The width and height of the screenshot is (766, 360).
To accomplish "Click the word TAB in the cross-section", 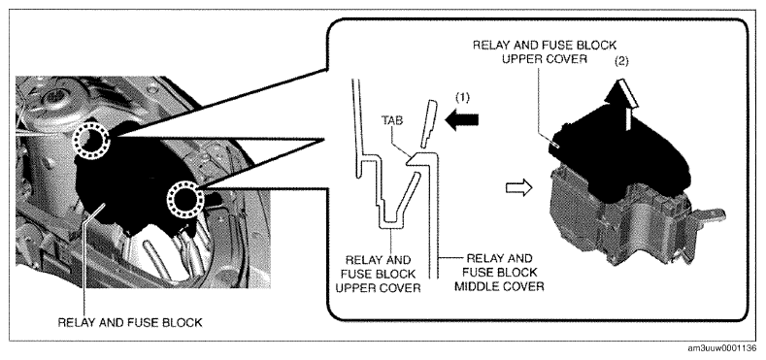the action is (392, 120).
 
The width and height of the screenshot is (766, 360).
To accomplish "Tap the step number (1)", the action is (462, 98).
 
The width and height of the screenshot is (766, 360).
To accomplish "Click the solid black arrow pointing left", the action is (462, 121).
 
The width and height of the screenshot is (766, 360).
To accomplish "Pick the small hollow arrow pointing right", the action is (518, 186).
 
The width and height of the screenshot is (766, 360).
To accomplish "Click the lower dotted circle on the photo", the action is (185, 200).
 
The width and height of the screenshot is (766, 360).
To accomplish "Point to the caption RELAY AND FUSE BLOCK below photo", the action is (130, 322).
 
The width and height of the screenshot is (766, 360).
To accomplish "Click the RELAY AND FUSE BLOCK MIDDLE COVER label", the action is (499, 272).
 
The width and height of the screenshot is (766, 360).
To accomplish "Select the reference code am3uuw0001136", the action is (722, 348).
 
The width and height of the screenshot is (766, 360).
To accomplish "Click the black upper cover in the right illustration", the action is (620, 151).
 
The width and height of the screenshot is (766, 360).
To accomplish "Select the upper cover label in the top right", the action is (545, 51).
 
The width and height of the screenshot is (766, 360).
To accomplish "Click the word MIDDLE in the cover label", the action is (475, 285).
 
